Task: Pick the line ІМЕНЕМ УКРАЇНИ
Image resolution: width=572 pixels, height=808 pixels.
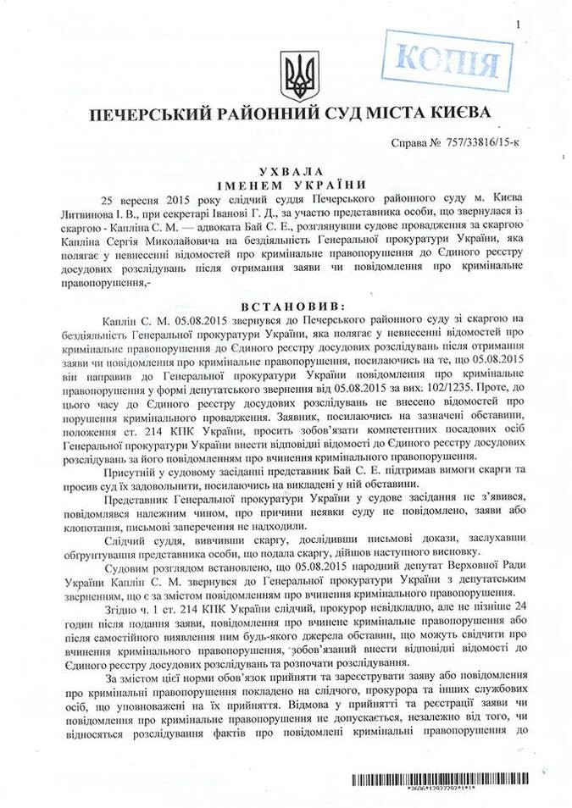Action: [286, 184]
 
